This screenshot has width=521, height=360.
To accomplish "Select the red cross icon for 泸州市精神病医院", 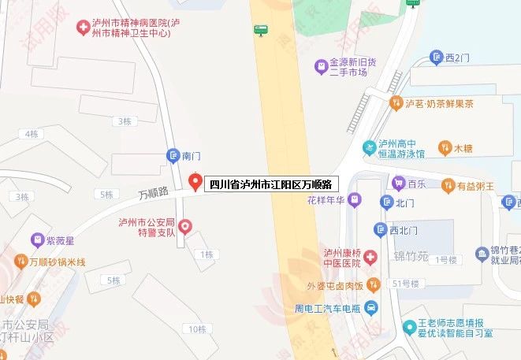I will pyautogui.click(x=82, y=28).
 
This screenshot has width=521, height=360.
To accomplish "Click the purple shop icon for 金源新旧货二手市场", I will pyautogui.click(x=321, y=65).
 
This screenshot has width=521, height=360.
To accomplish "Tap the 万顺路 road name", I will pyautogui.click(x=154, y=191).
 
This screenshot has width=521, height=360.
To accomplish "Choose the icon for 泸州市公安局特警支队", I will pyautogui.click(x=185, y=227).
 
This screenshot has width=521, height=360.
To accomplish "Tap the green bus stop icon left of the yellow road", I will pyautogui.click(x=260, y=31).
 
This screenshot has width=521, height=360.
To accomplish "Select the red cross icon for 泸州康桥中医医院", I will pyautogui.click(x=370, y=258).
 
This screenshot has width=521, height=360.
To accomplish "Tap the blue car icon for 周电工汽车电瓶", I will pyautogui.click(x=371, y=306).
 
